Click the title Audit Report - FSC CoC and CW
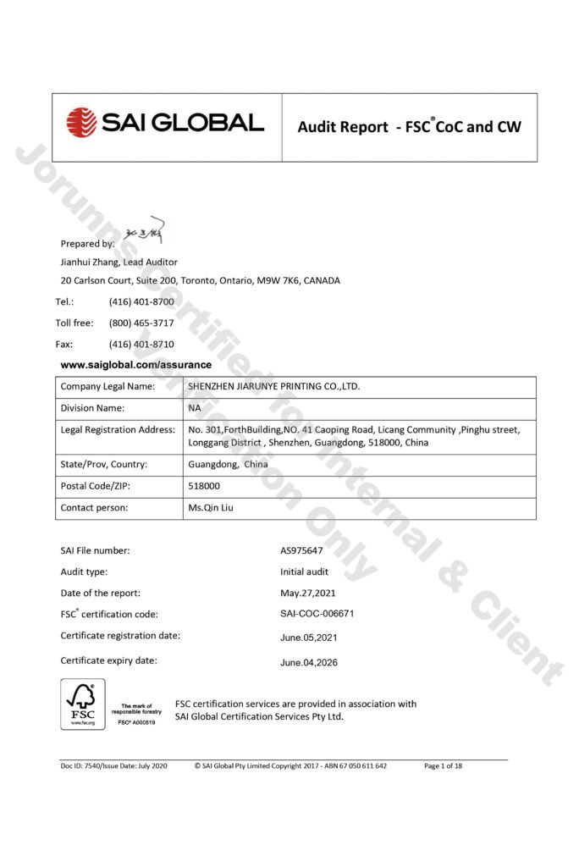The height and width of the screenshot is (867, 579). coord(409,127)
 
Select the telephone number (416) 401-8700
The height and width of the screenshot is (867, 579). coord(141,301)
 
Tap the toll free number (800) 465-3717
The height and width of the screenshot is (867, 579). coord(141,323)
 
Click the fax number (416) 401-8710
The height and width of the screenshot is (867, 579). coord(141,344)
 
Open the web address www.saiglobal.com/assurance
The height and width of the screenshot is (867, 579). coord(135,365)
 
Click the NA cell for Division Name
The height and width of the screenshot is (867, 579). coord(194,407)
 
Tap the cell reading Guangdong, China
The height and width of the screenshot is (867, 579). coord(227,464)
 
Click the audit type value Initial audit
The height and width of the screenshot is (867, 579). coord(304,572)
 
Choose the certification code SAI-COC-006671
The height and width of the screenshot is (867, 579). coord(317,614)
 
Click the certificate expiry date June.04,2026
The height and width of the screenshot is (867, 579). coord(308,662)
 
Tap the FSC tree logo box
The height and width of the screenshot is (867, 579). coord(82,704)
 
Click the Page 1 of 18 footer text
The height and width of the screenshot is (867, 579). coord(443,765)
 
